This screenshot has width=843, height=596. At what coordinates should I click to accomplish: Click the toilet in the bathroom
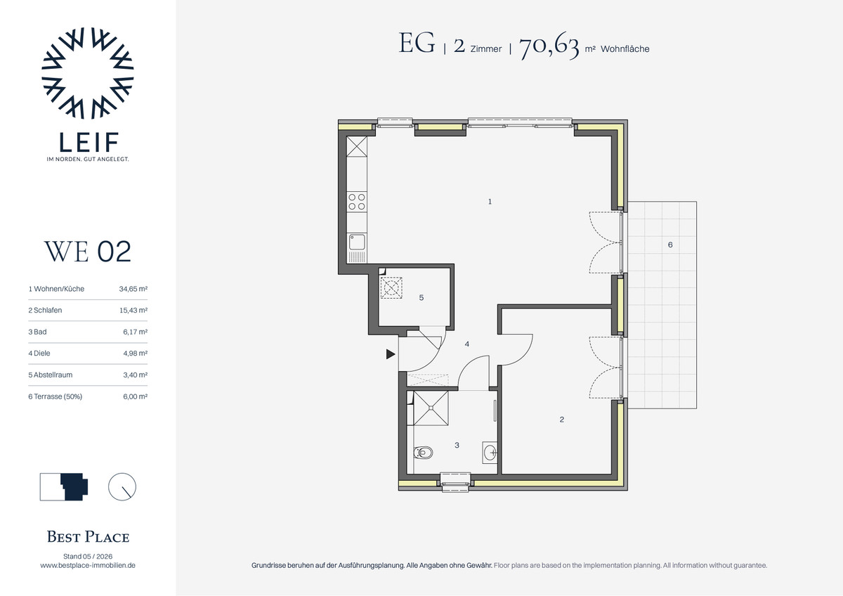click(423, 453)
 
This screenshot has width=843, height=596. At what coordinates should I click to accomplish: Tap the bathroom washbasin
click(490, 452)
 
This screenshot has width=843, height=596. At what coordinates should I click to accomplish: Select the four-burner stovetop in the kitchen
click(357, 202)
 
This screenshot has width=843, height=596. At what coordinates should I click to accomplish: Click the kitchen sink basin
click(357, 242)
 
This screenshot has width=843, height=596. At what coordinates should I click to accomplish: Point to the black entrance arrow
click(391, 354)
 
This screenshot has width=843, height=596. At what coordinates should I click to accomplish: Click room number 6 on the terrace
click(670, 245)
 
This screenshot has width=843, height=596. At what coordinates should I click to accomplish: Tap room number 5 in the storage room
click(421, 298)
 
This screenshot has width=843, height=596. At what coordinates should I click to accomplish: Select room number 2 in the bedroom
click(562, 420)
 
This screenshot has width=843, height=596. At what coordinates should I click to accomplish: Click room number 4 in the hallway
click(467, 344)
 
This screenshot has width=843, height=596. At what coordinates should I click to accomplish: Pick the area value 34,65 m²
click(133, 289)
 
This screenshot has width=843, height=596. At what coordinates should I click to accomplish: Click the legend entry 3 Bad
click(38, 332)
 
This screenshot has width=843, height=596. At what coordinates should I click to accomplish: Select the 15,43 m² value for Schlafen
click(133, 310)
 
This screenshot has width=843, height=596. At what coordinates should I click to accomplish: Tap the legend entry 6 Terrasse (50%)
click(55, 396)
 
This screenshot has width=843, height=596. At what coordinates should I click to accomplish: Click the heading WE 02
click(88, 252)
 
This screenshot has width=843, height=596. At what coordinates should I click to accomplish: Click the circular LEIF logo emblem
click(88, 73)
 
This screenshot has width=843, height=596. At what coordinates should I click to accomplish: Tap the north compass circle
click(122, 487)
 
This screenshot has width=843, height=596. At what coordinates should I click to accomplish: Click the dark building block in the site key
click(74, 487)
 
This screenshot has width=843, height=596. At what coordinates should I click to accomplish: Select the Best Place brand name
click(88, 537)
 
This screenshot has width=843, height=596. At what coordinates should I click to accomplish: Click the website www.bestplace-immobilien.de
click(88, 566)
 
